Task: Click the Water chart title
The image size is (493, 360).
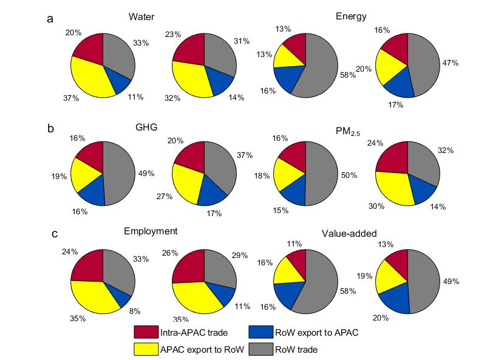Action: tap(140, 16)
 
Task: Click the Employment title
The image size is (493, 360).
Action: tap(151, 231)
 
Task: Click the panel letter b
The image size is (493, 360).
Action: tap(50, 129)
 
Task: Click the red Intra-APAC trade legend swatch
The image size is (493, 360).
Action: tap(146, 332)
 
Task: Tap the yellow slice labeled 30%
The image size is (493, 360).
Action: tap(395, 187)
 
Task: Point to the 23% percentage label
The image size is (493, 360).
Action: tap(157, 35)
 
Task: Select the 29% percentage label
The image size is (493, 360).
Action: tap(239, 256)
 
